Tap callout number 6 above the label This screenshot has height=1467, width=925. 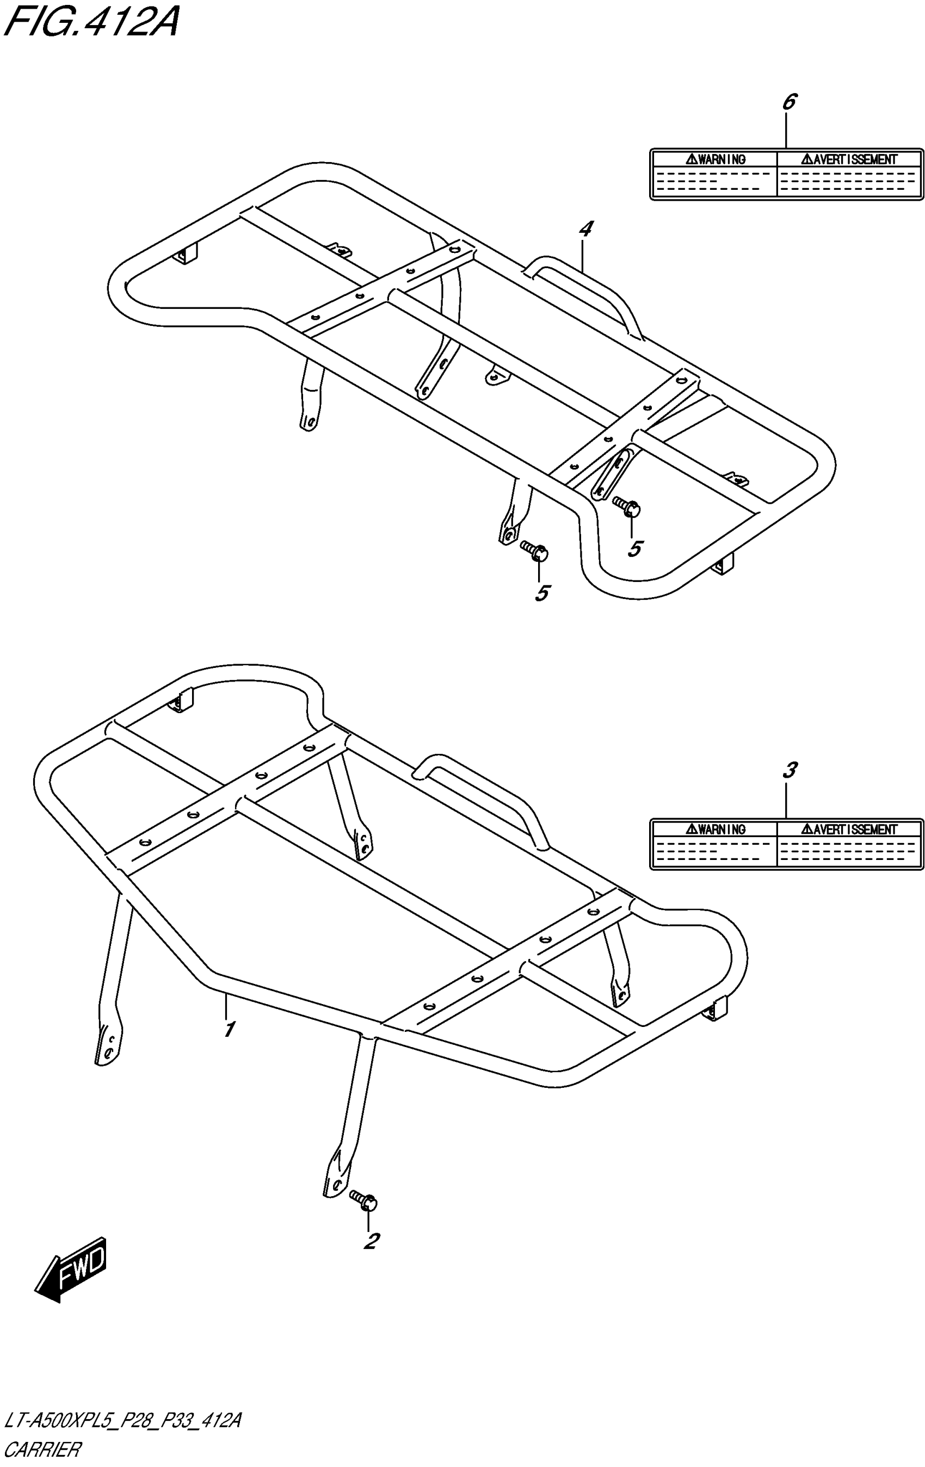(x=788, y=102)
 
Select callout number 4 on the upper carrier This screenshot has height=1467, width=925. (x=585, y=229)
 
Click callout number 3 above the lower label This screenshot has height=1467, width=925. (x=788, y=770)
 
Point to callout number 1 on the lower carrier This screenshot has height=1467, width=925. (x=229, y=1030)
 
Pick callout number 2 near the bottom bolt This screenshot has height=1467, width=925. (x=371, y=1240)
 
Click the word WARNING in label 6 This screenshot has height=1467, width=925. (x=716, y=159)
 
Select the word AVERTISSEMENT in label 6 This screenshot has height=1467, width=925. (x=849, y=159)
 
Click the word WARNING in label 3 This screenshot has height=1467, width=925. (x=716, y=829)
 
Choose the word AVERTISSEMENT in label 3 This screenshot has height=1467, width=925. (x=849, y=829)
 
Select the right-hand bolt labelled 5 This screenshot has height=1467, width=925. (x=627, y=506)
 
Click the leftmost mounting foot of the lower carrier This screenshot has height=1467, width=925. (x=108, y=1043)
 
